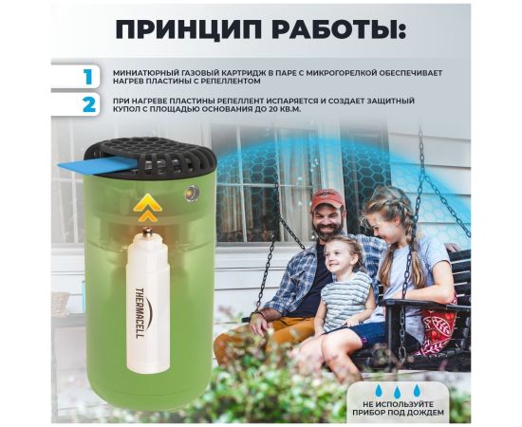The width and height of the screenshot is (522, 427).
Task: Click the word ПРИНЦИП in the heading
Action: point(189,30)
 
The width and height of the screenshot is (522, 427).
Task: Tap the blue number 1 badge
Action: point(88,77)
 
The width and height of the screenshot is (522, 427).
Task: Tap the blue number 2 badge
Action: point(89,103)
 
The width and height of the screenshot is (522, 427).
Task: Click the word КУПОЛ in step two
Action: point(127,109)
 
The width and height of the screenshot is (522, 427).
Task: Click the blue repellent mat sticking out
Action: point(97,165)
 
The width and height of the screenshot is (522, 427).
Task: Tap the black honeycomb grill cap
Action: point(150,157)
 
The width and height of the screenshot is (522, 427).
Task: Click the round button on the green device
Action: point(192,193)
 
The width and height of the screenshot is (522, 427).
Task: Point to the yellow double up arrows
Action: point(147,208)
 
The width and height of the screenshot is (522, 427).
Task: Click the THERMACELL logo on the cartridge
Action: point(140,313)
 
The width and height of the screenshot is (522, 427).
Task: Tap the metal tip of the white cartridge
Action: point(147,232)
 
